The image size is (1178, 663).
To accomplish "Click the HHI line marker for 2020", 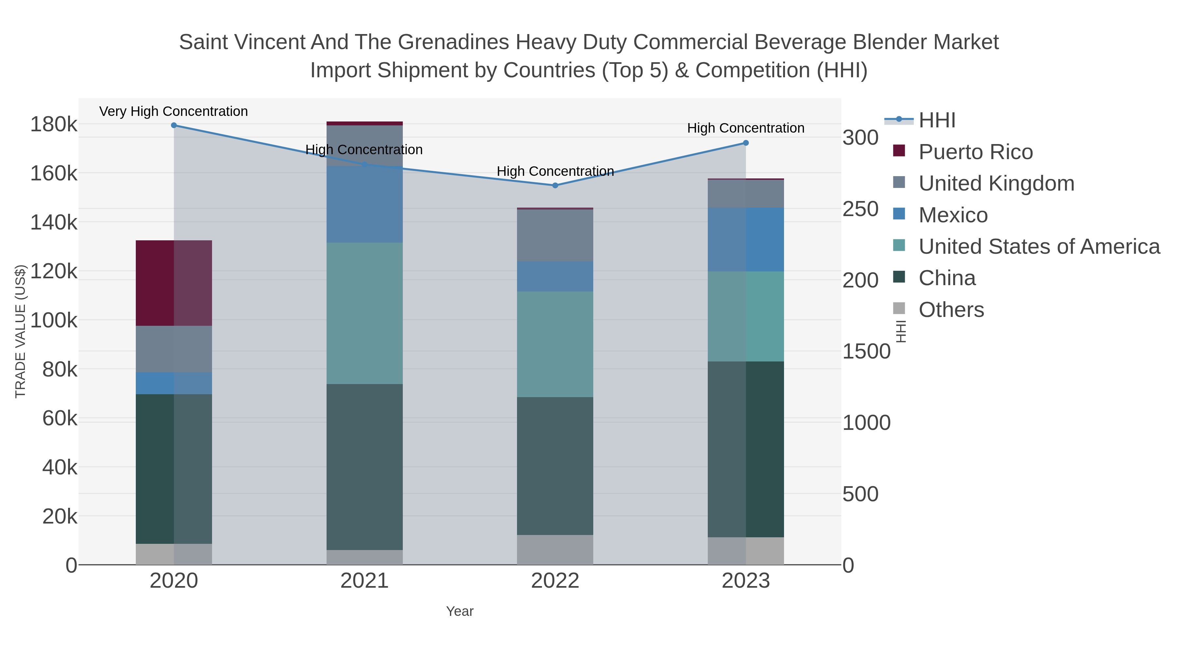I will [174, 125].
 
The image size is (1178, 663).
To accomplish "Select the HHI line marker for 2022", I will [555, 186].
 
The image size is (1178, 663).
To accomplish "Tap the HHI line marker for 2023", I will [746, 143].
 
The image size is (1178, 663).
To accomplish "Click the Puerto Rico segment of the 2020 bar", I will [174, 283].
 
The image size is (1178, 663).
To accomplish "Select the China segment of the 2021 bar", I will [365, 467].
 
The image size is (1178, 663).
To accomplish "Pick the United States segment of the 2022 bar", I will [555, 344].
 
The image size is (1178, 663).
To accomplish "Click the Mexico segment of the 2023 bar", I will [746, 239].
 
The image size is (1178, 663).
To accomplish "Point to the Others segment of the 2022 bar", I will [555, 549].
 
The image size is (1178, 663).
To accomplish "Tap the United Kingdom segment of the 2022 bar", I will [555, 235].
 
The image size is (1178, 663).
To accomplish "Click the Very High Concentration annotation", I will [174, 112].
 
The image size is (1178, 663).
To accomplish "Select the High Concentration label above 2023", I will [746, 128].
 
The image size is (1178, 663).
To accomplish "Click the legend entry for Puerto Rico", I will [975, 152].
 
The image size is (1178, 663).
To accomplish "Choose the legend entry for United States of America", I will [1039, 247].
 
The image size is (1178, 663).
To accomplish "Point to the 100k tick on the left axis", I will [54, 320].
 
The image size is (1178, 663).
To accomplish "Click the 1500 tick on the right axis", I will [866, 351].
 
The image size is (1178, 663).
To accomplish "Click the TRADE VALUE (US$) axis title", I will [21, 331].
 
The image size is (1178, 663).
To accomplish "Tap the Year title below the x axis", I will [460, 611].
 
